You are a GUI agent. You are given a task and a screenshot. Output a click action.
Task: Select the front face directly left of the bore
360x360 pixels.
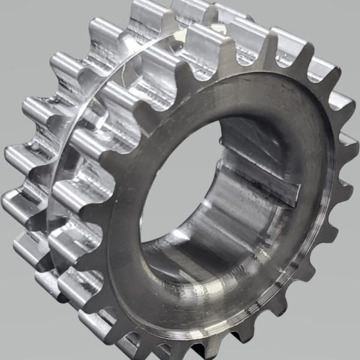[x=126, y=198]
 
